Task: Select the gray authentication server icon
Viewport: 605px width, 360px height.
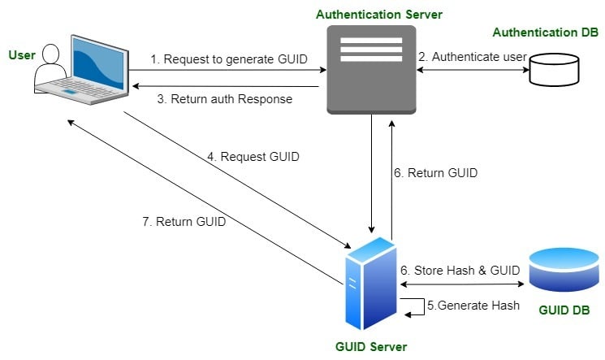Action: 371,70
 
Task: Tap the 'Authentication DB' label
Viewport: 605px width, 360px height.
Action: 545,33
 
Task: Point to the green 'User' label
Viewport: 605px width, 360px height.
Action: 21,54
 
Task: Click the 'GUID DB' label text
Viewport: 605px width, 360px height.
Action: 564,311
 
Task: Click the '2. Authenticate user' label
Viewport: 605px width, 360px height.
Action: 472,57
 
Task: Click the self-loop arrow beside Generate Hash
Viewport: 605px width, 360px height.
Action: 410,306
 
